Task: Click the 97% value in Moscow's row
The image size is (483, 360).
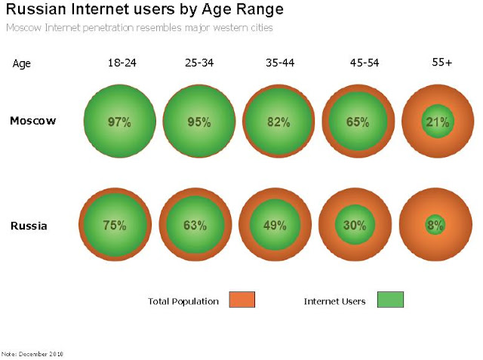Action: (119, 122)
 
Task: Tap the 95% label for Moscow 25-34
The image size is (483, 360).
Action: (198, 122)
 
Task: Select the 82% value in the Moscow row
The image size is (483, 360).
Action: (278, 122)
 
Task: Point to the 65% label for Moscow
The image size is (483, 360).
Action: (358, 122)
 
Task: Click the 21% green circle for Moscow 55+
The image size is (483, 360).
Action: (437, 122)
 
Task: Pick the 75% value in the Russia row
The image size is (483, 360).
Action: (115, 225)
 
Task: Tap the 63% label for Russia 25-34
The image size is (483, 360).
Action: (195, 225)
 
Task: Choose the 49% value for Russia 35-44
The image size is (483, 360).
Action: (275, 225)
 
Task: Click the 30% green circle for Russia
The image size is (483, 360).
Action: (355, 225)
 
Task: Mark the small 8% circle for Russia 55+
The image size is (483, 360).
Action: (435, 225)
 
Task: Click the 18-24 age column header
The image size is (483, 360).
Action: (119, 63)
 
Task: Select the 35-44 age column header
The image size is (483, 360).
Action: (280, 63)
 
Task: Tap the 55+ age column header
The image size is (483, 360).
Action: (441, 63)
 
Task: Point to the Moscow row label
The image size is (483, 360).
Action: (33, 121)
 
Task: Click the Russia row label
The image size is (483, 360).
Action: (29, 225)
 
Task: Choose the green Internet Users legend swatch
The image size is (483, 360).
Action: (390, 300)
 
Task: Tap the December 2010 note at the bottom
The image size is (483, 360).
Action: (32, 353)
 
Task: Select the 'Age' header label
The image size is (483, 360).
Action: (22, 64)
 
